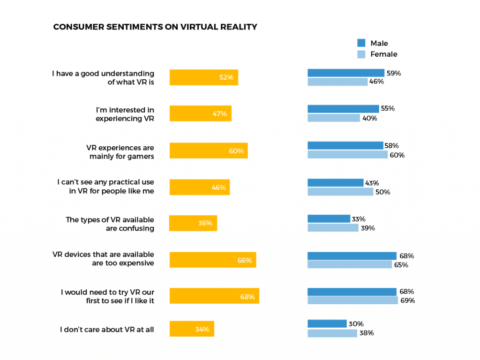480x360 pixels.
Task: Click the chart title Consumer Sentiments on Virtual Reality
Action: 155,27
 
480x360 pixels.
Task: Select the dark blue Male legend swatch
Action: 361,43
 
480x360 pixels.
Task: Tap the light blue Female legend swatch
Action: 361,54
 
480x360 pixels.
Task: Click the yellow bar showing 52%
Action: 203,77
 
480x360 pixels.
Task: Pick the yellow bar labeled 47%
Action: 200,113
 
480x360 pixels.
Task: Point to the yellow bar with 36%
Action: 193,223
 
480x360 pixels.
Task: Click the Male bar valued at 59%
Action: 345,73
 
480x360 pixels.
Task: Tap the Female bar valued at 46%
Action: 337,82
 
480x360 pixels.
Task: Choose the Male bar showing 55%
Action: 343,109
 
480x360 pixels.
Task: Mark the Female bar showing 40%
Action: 333,118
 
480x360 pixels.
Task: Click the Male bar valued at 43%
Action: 335,182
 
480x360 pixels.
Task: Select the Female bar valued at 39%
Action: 332,228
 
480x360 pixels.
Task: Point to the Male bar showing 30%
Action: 327,323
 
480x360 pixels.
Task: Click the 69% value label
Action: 407,300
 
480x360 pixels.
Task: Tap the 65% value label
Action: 401,265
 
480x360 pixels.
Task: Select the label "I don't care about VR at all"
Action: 107,330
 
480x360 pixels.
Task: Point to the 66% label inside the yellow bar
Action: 245,261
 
